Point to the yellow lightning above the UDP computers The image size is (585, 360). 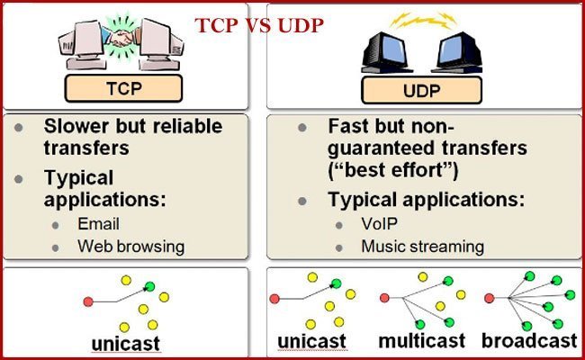coord(419,17)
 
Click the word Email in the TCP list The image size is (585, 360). coord(99,224)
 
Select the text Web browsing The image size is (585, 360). coord(130,245)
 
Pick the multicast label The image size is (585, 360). coord(422,340)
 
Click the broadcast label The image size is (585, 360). coord(528,340)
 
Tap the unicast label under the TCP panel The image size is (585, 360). coord(126,343)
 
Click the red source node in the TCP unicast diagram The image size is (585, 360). coord(87,301)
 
